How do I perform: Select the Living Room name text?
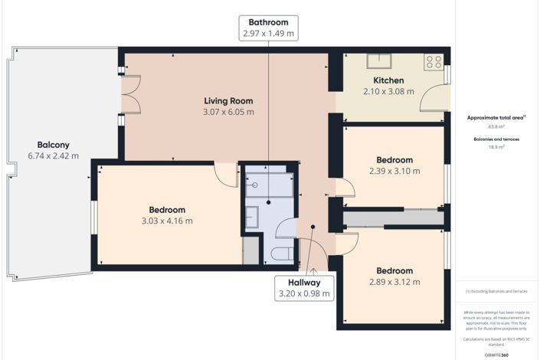click(x=227, y=100)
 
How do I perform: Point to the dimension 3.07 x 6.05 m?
click(x=227, y=112)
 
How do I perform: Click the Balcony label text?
click(x=54, y=144)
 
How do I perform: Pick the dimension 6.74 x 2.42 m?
click(x=54, y=155)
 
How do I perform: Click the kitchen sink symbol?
click(x=378, y=61)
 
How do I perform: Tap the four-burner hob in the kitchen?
click(x=434, y=61)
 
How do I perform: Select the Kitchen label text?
click(x=388, y=80)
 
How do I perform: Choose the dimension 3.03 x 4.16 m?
click(x=167, y=221)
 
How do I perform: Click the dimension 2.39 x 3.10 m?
click(x=394, y=172)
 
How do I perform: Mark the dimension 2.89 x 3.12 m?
click(x=394, y=282)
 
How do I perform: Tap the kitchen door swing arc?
click(x=433, y=100)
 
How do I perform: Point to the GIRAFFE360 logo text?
click(x=496, y=355)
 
